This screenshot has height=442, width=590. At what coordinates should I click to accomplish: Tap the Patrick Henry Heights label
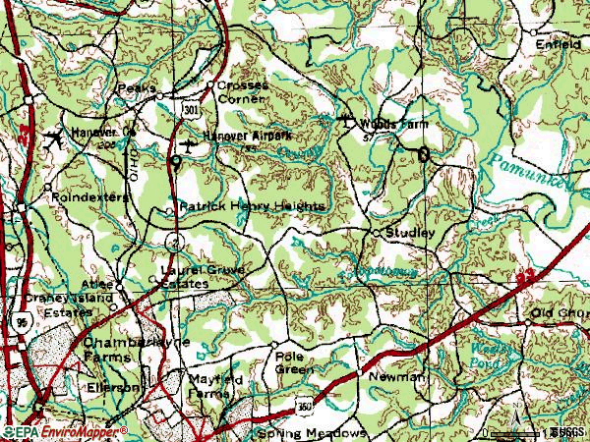251,207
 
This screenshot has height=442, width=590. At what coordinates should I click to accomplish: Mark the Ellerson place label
114,387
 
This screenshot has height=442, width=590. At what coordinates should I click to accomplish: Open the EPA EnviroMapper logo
65,431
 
